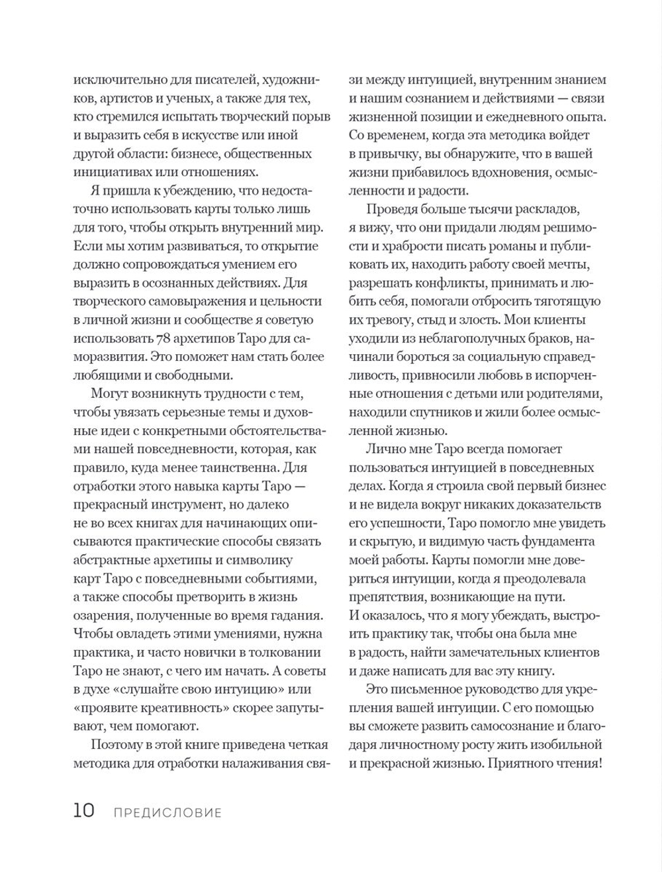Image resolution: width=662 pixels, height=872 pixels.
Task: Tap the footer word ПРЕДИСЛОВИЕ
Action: tap(167, 812)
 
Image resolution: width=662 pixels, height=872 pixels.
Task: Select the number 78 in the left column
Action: tap(164, 338)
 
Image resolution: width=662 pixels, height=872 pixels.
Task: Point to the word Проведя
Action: tap(392, 210)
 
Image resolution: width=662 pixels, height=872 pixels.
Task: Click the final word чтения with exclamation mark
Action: tap(573, 763)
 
